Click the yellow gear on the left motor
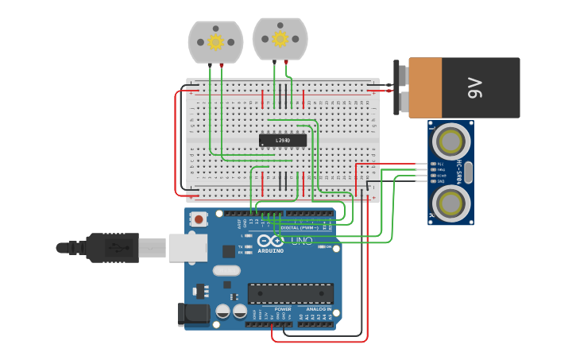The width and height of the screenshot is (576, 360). click(x=215, y=42)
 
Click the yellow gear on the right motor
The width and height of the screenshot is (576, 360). click(x=280, y=38)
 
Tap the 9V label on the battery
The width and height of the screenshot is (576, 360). click(x=474, y=87)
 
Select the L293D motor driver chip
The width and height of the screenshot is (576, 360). click(x=282, y=141)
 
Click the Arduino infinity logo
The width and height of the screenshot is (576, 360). click(x=270, y=241)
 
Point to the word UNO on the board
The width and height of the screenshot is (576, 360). click(x=302, y=241)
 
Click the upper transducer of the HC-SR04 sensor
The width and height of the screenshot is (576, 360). click(x=450, y=142)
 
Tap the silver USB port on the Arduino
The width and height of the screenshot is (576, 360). click(x=187, y=247)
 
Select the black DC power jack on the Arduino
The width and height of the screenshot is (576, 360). click(x=193, y=314)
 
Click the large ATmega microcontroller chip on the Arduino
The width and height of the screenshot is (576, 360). click(x=290, y=293)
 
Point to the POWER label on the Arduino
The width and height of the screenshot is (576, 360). click(x=283, y=309)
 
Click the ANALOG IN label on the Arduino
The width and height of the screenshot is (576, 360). click(x=319, y=309)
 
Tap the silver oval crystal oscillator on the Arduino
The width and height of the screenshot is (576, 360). click(x=226, y=269)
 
